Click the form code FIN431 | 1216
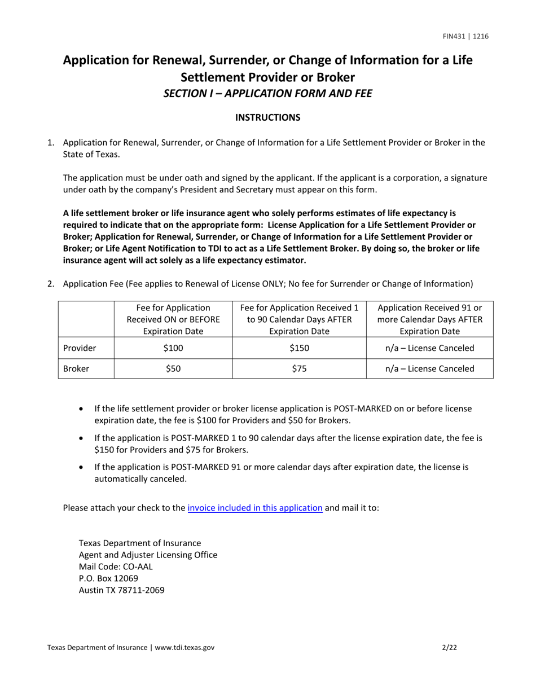pyautogui.click(x=465, y=37)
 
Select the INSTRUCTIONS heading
pyautogui.click(x=267, y=117)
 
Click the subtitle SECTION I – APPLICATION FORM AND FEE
pyautogui.click(x=267, y=94)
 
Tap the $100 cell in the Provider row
pyautogui.click(x=173, y=348)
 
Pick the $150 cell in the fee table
pyautogui.click(x=299, y=348)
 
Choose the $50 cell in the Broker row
pyautogui.click(x=173, y=368)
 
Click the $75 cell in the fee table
pyautogui.click(x=299, y=368)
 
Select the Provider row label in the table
pyautogui.click(x=79, y=348)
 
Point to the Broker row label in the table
pyautogui.click(x=76, y=368)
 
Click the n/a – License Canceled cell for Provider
pyautogui.click(x=429, y=348)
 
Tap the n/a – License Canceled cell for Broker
pyautogui.click(x=429, y=368)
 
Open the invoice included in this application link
pyautogui.click(x=255, y=507)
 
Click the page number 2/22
pyautogui.click(x=450, y=648)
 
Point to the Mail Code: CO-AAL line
pyautogui.click(x=116, y=566)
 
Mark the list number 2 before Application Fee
pyautogui.click(x=51, y=284)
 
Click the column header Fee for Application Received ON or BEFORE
pyautogui.click(x=173, y=319)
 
